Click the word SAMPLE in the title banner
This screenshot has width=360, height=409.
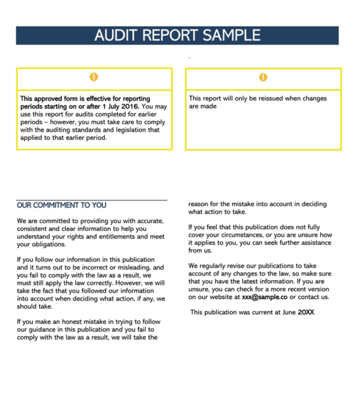point(232,35)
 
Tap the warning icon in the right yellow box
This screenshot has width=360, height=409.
point(263,77)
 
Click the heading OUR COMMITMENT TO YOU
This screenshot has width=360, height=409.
point(62,205)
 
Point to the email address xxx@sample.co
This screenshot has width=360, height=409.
point(265,296)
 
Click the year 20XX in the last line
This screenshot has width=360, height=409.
point(306,312)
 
